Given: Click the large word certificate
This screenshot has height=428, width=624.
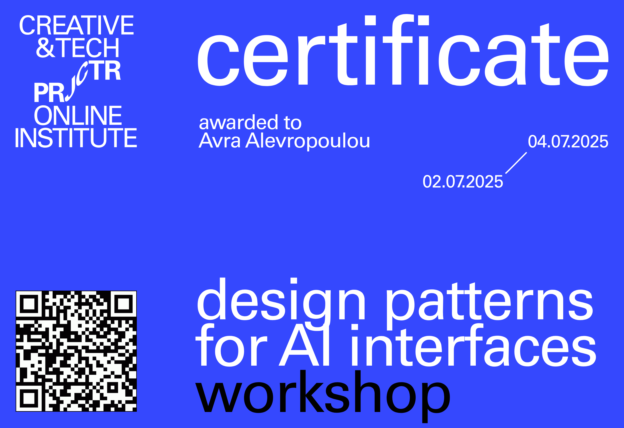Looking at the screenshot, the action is [x=403, y=50].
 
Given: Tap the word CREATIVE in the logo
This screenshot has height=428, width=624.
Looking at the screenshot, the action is [x=76, y=25].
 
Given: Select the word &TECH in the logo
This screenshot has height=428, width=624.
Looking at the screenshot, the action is [x=78, y=47].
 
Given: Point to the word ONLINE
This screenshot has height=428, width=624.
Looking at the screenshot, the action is [x=78, y=115].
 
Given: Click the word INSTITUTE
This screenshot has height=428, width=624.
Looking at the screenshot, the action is [x=76, y=138].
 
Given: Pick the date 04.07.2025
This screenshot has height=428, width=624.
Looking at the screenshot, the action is [x=568, y=141].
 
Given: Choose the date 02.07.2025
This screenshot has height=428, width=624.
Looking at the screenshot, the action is [x=463, y=182].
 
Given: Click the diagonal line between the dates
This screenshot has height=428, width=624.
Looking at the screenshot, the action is [x=516, y=163].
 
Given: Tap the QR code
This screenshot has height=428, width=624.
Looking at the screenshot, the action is [x=76, y=351].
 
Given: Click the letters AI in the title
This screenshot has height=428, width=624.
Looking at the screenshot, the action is [x=304, y=345].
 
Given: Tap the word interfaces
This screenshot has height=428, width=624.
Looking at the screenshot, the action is [x=473, y=345].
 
